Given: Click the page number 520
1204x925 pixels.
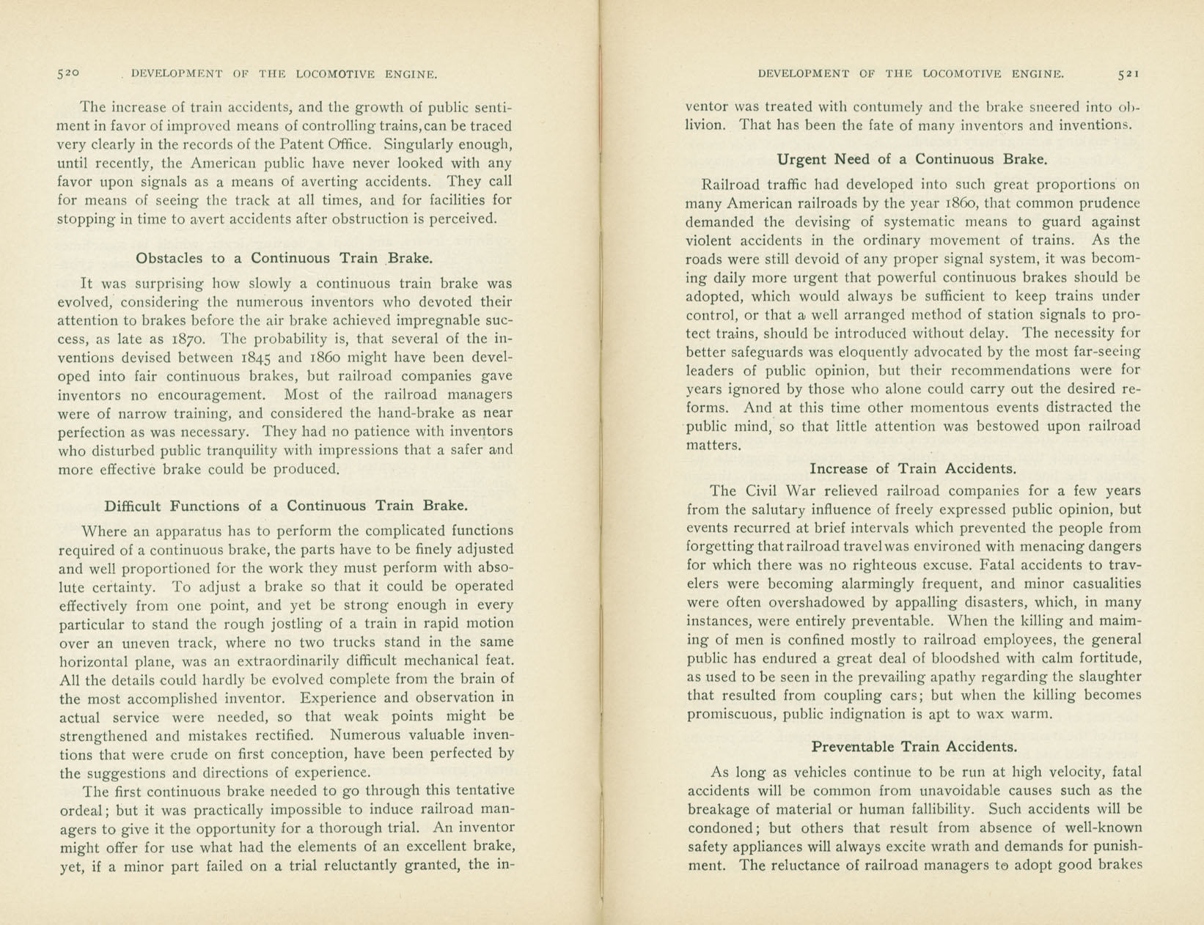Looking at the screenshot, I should [68, 73].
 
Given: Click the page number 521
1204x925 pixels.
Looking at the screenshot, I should [1128, 73].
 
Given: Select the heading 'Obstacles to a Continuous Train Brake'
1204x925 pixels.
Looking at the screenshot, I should [285, 258].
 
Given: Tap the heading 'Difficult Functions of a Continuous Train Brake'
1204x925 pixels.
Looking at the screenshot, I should [286, 506].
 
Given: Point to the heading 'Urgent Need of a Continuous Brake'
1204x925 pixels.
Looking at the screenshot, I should [912, 159].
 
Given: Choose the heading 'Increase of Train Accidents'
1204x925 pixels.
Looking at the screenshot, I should [913, 468].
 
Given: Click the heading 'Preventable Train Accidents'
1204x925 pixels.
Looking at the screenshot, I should [914, 747].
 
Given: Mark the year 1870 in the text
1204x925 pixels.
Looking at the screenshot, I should [192, 339].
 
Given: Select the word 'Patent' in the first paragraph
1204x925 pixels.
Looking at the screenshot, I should [313, 144].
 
